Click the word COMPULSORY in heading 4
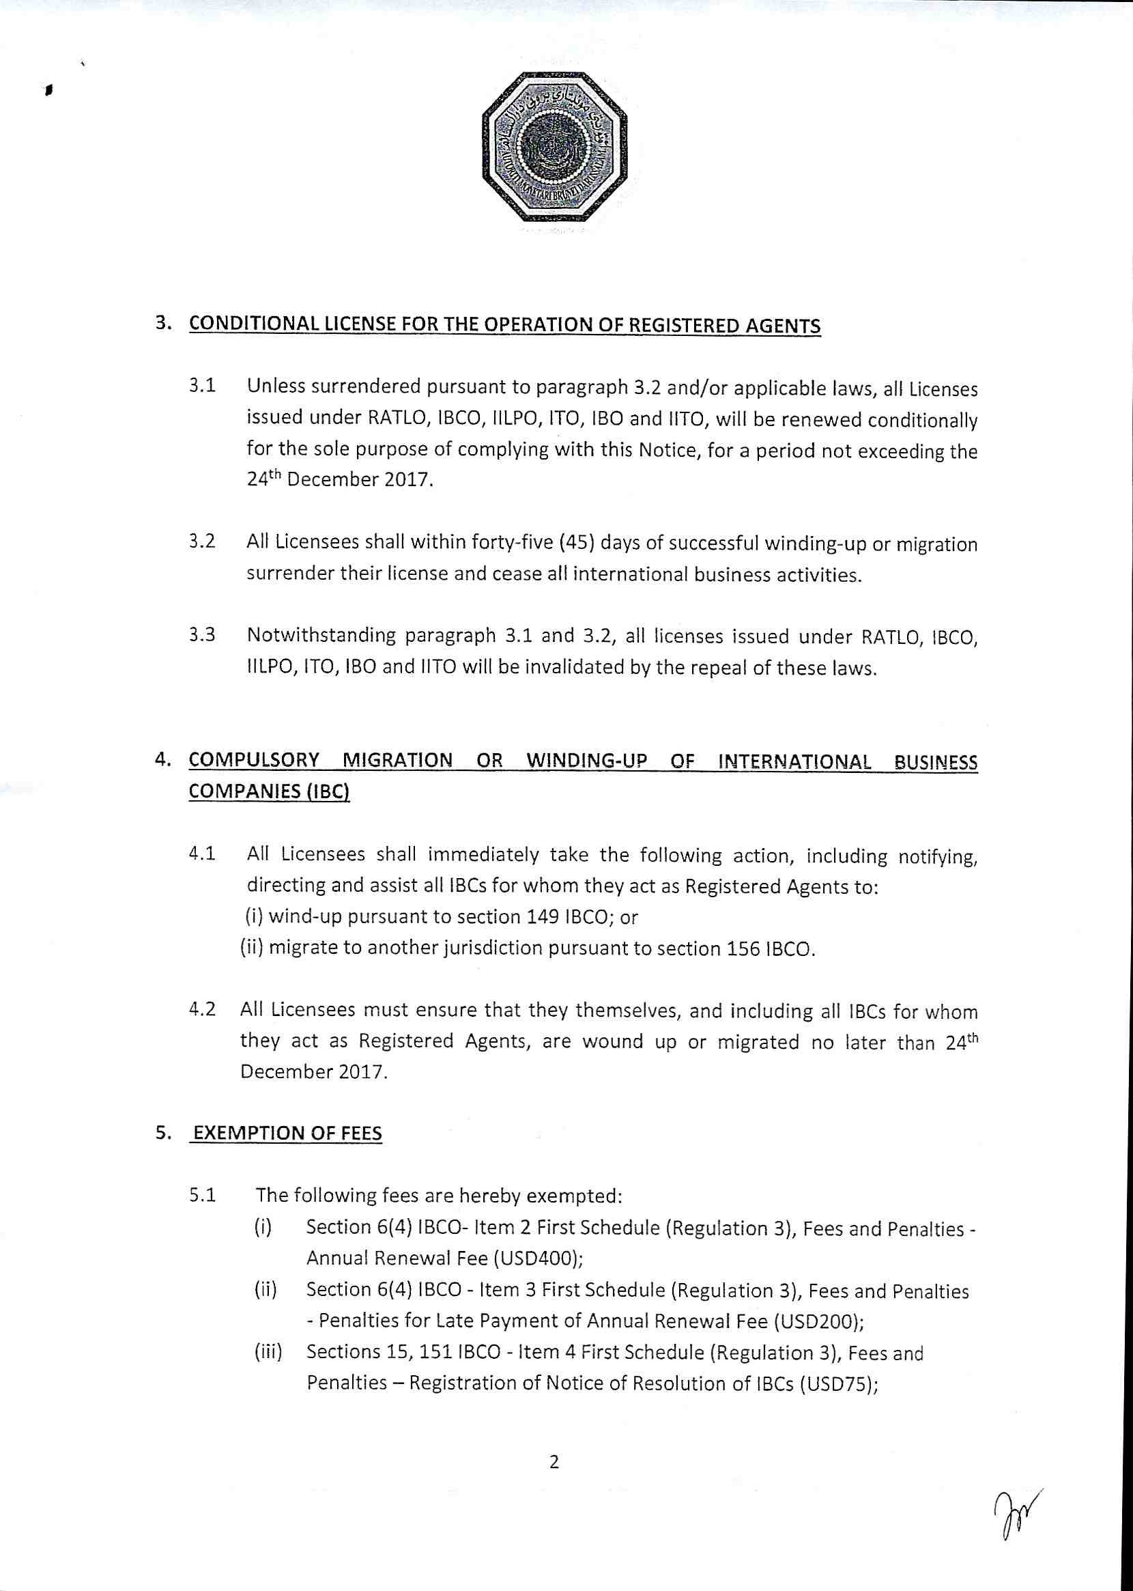pos(255,761)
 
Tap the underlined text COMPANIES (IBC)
pos(269,793)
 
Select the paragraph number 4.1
pos(201,854)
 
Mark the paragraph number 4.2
pos(201,1010)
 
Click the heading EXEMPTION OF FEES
pos(287,1134)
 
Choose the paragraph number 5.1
pos(201,1196)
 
